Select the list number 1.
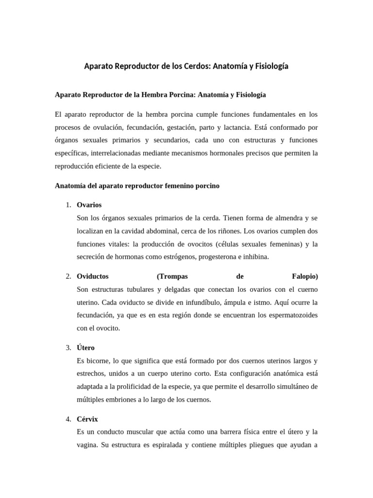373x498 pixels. click(x=68, y=205)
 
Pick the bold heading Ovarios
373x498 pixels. click(x=89, y=205)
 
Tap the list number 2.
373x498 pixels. click(x=68, y=276)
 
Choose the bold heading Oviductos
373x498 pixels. click(x=93, y=276)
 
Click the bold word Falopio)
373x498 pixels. click(x=305, y=276)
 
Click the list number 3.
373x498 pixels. click(x=68, y=348)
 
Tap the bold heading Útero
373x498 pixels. click(x=86, y=348)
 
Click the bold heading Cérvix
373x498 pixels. click(x=87, y=419)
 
